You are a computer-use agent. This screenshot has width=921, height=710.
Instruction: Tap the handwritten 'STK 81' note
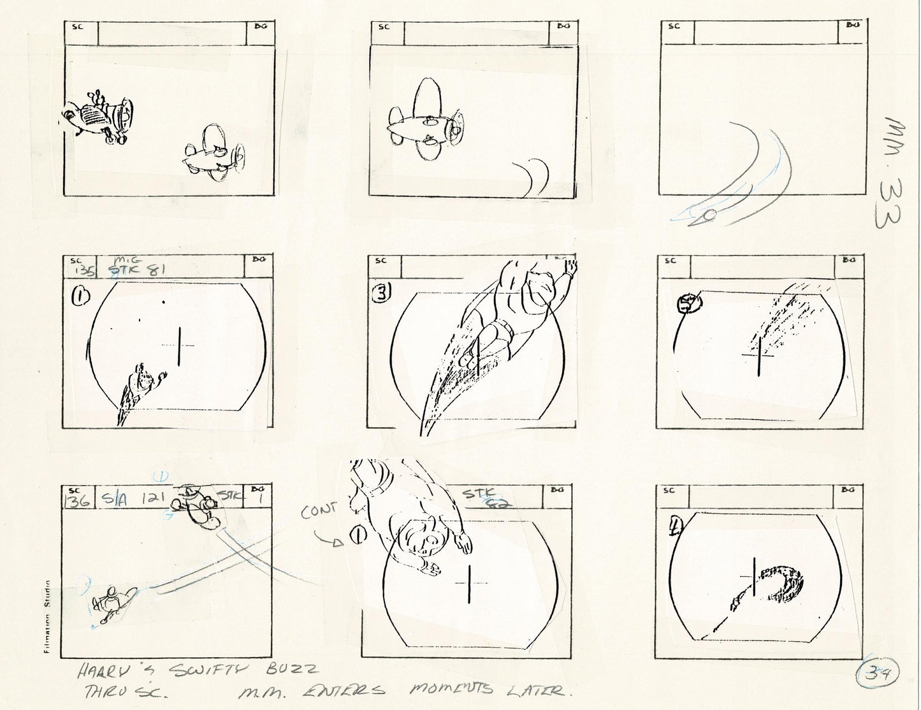click(x=138, y=270)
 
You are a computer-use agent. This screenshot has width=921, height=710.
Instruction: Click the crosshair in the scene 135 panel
click(x=179, y=345)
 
